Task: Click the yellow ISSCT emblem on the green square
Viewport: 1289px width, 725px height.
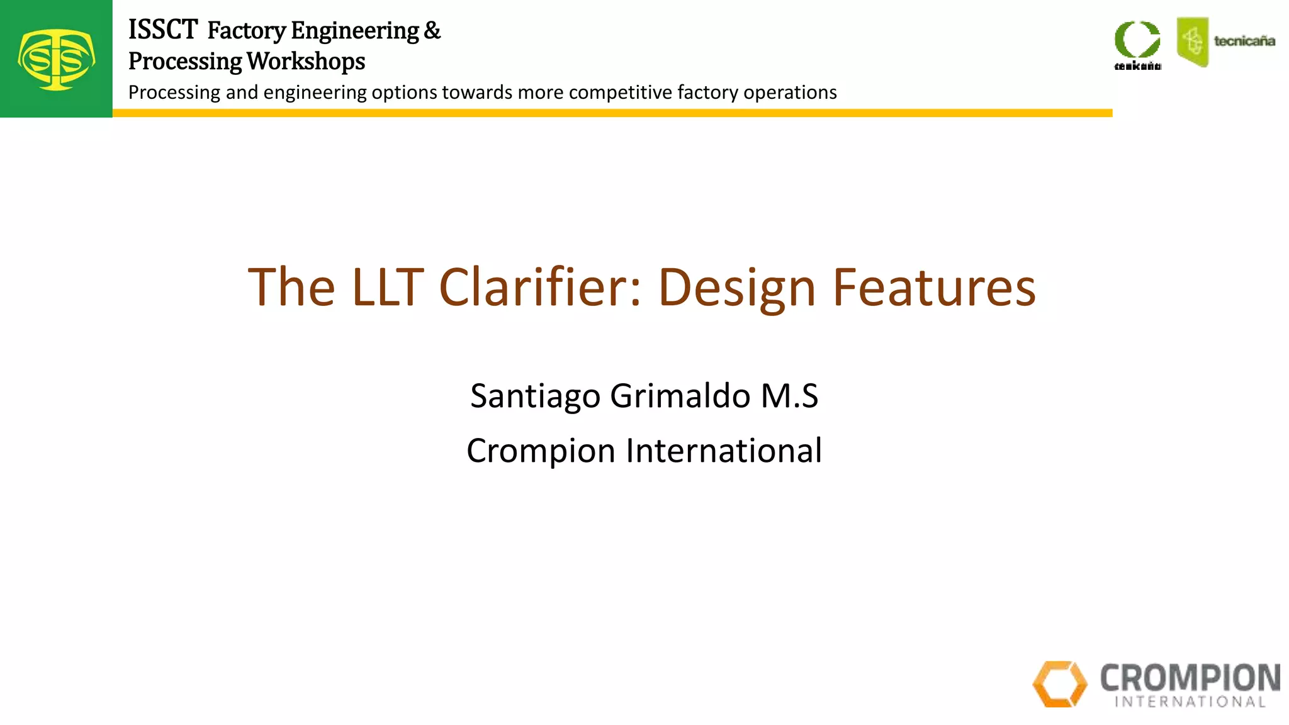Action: tap(57, 60)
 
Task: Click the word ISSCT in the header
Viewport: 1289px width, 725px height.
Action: tap(163, 30)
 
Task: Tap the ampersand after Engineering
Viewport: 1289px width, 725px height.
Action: tap(432, 30)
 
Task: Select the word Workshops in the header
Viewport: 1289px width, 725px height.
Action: tap(306, 61)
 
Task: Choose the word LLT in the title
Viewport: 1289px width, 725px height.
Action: tap(387, 288)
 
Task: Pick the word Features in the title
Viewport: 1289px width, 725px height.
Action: tap(934, 288)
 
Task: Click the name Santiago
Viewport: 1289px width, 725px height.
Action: tap(535, 396)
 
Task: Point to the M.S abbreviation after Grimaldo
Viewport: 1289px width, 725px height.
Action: tap(789, 396)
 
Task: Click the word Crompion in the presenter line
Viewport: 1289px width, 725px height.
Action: tap(541, 451)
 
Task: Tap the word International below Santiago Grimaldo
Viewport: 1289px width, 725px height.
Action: tap(724, 451)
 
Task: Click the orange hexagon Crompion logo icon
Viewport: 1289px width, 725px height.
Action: tap(1060, 683)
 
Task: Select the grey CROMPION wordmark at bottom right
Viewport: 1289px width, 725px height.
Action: tap(1190, 678)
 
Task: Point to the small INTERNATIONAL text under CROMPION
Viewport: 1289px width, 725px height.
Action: tap(1190, 702)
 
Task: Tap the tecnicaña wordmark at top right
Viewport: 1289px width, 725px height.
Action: tap(1244, 42)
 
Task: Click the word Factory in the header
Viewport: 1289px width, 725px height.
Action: tap(247, 30)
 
